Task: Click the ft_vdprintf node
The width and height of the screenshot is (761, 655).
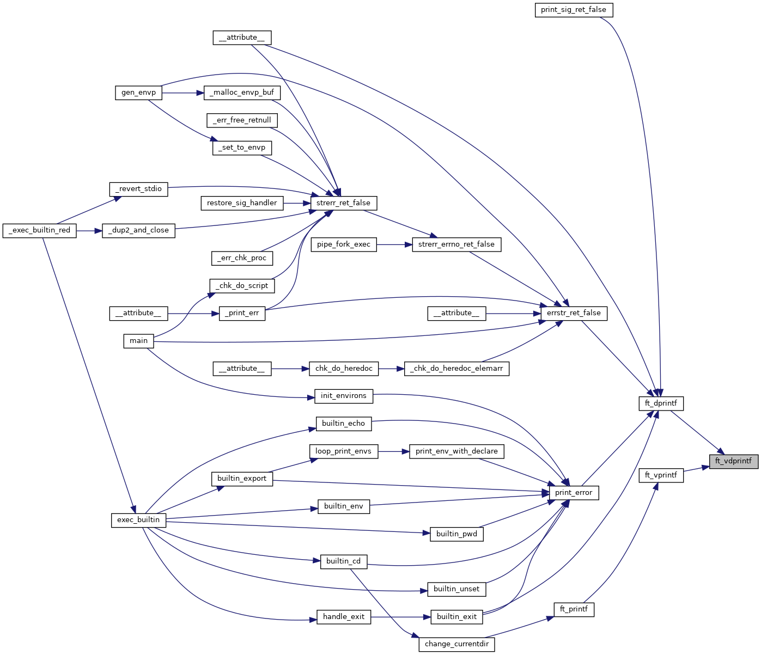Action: pos(733,461)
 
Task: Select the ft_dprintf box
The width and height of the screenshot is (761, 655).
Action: pos(661,403)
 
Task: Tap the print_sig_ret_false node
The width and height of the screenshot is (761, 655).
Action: pos(574,10)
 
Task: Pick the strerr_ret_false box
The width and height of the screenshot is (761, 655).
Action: pos(343,203)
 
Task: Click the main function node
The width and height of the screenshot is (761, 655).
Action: pos(138,341)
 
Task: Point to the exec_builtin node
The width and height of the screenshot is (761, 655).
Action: pos(138,520)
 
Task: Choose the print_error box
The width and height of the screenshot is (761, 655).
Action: pos(574,493)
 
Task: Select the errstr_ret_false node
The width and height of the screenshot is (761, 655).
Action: pos(574,313)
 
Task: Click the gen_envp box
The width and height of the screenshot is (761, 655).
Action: pos(138,93)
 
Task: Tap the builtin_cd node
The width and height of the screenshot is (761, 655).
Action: pos(343,561)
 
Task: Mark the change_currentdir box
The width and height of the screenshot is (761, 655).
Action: pos(456,644)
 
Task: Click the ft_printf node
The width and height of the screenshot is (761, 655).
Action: pos(574,609)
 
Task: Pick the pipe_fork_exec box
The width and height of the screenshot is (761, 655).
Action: pos(343,244)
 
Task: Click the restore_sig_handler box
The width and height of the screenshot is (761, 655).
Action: pos(242,203)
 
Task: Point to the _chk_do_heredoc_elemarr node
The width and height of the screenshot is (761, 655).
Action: pos(456,369)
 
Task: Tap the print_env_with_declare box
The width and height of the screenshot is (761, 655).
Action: pos(456,451)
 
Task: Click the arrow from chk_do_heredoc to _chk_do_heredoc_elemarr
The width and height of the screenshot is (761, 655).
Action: pos(392,369)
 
